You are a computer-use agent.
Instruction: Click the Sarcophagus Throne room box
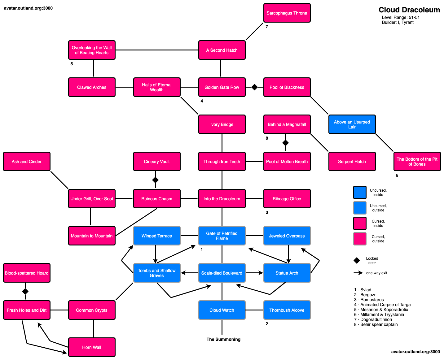point(287,13)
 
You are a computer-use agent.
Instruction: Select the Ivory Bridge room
point(222,124)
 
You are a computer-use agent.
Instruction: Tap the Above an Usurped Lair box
point(352,124)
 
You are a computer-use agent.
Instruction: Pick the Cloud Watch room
point(222,310)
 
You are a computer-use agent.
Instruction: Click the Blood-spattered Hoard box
point(27,273)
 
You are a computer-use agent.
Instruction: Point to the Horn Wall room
point(91,347)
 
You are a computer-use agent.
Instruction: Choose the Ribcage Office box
point(287,199)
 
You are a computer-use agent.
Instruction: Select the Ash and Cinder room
point(27,162)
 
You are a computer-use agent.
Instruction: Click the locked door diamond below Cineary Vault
point(156,180)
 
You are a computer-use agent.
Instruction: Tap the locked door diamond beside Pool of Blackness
point(254,87)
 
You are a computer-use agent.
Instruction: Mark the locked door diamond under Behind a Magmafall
point(285,143)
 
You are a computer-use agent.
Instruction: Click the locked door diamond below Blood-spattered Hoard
point(25,291)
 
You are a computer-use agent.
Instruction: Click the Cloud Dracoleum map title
point(409,10)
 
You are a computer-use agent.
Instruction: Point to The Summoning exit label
point(223,339)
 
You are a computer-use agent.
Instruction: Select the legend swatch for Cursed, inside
point(360,223)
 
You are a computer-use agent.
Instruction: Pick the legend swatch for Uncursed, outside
point(360,208)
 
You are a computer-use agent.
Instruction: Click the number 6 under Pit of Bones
point(397,175)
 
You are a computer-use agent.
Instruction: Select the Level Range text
point(401,17)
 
